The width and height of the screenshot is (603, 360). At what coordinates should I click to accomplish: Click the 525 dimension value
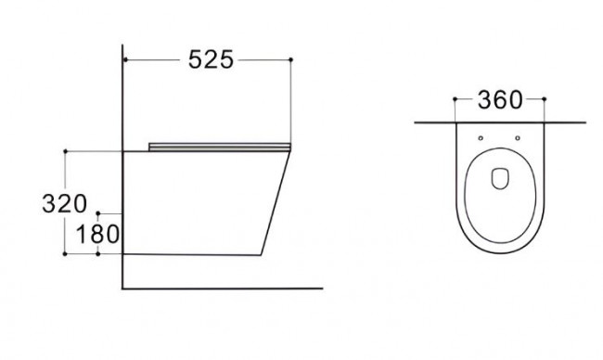[211, 59]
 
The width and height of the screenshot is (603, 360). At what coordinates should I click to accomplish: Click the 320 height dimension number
[64, 204]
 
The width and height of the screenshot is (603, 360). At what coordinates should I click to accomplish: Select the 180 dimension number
[97, 234]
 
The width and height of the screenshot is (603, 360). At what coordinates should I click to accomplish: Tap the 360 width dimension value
[499, 99]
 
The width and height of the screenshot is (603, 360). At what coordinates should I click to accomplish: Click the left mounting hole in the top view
[481, 138]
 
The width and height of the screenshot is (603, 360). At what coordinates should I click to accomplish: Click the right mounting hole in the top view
[518, 138]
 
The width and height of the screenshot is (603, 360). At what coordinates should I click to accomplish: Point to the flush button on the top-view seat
[500, 179]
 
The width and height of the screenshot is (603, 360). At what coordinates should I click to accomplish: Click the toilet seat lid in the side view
[220, 147]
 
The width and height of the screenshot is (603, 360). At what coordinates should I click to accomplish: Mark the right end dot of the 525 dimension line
[290, 59]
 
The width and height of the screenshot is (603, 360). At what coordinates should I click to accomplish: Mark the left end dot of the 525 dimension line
[125, 59]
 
